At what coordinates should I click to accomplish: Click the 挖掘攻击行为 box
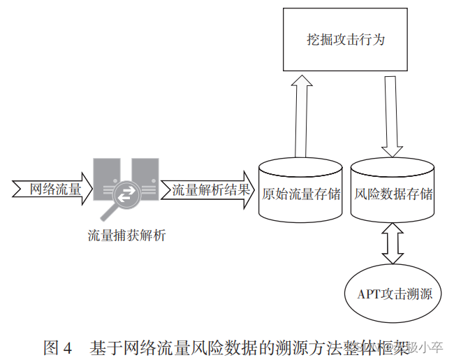(346, 39)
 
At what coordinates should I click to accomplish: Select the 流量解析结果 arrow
(207, 189)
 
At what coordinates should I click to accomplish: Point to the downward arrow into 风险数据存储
(392, 115)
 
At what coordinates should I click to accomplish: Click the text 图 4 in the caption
(58, 347)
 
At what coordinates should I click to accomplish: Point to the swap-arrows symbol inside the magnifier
(126, 195)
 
